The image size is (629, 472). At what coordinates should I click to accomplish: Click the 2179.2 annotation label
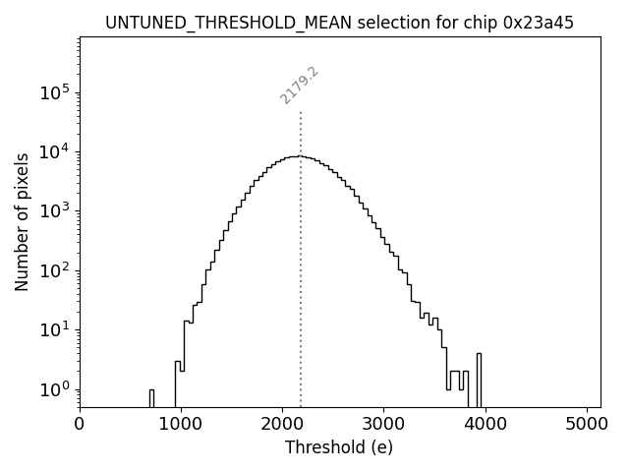click(300, 86)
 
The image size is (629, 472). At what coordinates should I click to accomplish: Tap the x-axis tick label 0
click(80, 425)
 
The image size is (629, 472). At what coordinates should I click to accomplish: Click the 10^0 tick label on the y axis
click(55, 388)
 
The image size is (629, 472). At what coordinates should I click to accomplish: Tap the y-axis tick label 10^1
click(55, 329)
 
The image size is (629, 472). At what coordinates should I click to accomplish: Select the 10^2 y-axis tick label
click(55, 270)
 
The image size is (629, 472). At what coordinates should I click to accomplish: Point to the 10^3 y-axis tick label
click(55, 210)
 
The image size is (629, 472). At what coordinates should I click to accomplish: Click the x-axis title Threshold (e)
click(339, 447)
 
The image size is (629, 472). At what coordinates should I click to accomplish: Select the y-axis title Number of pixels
click(22, 222)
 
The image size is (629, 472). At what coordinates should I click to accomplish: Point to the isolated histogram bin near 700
click(151, 397)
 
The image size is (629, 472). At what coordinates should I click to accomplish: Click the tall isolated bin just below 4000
click(479, 379)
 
